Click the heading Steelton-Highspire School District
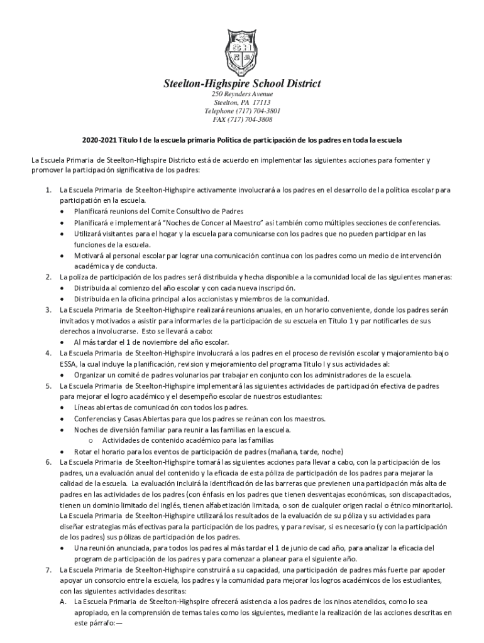(242, 84)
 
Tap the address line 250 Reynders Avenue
(242, 94)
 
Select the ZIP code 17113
(260, 102)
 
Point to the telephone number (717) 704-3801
(251, 111)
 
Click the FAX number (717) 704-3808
(251, 119)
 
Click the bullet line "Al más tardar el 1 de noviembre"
(151, 342)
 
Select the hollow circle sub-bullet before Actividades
(91, 440)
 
